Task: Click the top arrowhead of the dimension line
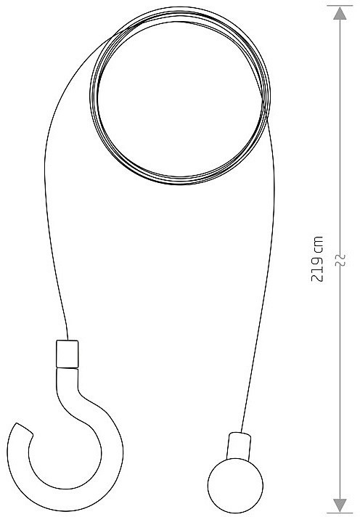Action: point(340,13)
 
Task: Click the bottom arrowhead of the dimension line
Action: point(340,505)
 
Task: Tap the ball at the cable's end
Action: point(235,485)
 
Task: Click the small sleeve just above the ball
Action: point(238,446)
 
